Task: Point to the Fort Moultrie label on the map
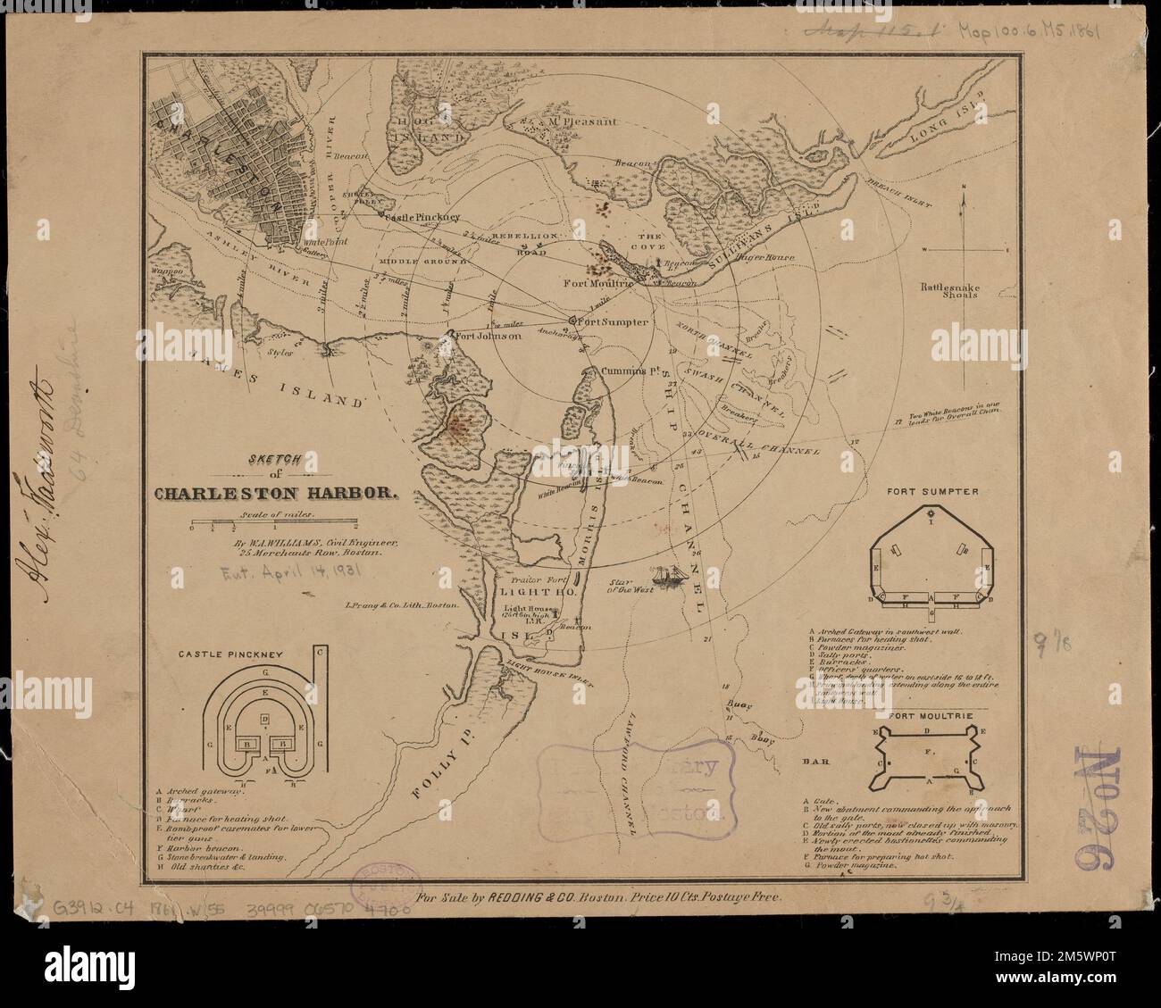598,283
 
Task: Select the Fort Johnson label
488,337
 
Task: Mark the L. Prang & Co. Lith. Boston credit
403,605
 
